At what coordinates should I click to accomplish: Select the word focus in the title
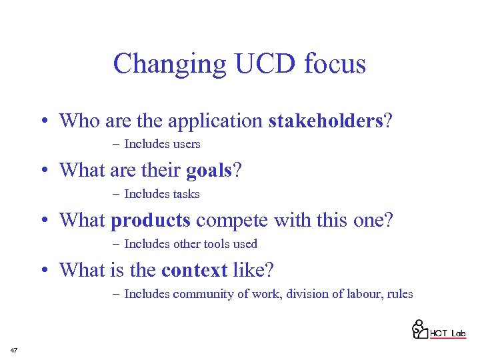click(335, 64)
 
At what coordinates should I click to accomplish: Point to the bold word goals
click(209, 171)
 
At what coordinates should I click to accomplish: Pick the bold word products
click(151, 221)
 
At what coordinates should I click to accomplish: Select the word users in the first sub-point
click(187, 144)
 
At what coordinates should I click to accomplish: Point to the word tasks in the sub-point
click(186, 194)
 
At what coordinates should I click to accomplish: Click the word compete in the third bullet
click(225, 221)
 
